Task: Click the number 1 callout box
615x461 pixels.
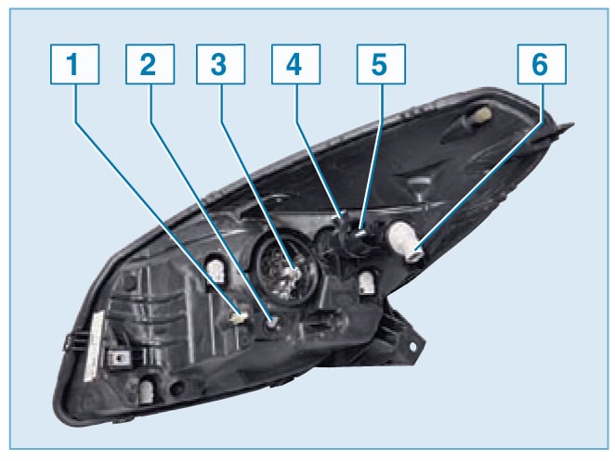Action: point(74,64)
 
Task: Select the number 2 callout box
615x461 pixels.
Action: point(150,64)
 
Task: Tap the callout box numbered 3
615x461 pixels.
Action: point(220,64)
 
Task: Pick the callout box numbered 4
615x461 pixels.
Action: point(295,64)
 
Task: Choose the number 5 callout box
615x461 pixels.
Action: point(381,64)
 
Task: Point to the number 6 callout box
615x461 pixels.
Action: point(542,64)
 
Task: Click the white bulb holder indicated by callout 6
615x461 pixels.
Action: point(405,241)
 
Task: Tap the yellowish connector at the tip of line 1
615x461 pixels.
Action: point(240,317)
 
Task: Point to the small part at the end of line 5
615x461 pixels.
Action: point(360,234)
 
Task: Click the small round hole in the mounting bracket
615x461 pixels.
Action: point(412,347)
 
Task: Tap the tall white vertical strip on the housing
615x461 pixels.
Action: point(94,346)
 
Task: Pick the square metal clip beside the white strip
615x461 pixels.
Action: point(118,358)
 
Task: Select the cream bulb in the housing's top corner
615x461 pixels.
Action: point(482,113)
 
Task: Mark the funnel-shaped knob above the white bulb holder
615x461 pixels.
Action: point(419,188)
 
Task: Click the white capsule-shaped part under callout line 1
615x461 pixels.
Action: point(216,271)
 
